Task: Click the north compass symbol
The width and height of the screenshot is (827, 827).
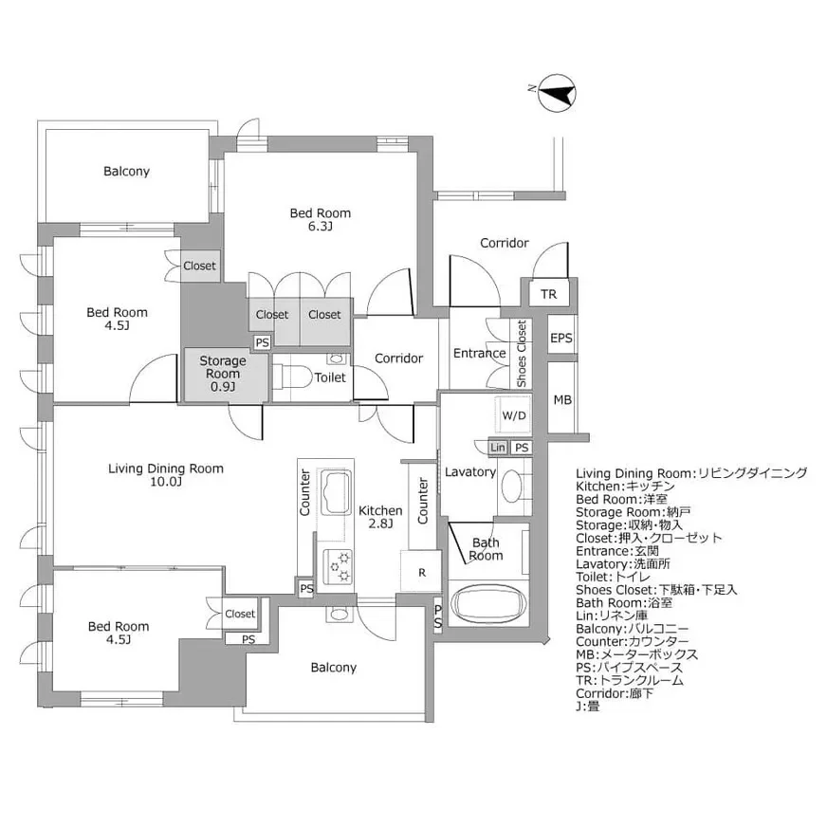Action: click(x=557, y=93)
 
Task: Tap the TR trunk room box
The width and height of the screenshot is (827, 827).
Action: click(x=549, y=294)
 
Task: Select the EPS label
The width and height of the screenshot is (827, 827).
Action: click(x=561, y=338)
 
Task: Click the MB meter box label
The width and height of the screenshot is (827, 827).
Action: click(x=562, y=400)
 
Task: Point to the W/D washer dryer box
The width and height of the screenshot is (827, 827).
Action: click(x=513, y=415)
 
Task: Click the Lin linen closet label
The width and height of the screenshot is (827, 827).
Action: click(x=497, y=448)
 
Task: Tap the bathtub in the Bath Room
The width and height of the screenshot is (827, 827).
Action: click(x=488, y=603)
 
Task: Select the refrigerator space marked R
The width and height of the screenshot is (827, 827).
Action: click(x=421, y=571)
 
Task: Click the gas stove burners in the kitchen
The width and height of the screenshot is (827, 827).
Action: click(x=337, y=567)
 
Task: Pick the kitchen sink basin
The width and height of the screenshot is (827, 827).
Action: click(x=336, y=491)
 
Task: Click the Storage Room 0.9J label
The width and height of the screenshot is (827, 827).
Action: click(x=223, y=374)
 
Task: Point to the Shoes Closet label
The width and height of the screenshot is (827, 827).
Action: click(x=522, y=354)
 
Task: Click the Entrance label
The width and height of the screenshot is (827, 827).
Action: click(x=480, y=353)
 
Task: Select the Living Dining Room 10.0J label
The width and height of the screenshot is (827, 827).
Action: click(x=166, y=475)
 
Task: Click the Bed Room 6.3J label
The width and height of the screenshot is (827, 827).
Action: click(x=321, y=219)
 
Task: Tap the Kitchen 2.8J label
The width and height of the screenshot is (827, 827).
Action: click(x=380, y=517)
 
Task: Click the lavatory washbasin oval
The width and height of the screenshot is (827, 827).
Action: click(x=511, y=486)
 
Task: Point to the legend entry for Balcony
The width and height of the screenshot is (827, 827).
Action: click(x=632, y=629)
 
